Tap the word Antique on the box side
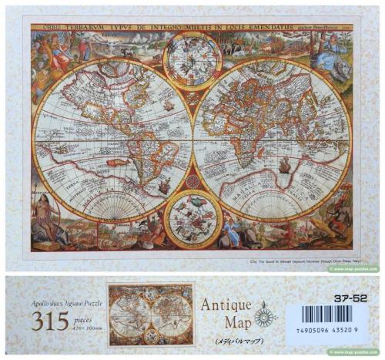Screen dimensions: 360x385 [x=226, y=304]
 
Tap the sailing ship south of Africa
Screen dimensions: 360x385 [x=286, y=164]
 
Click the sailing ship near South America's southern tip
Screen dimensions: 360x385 [x=164, y=184]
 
